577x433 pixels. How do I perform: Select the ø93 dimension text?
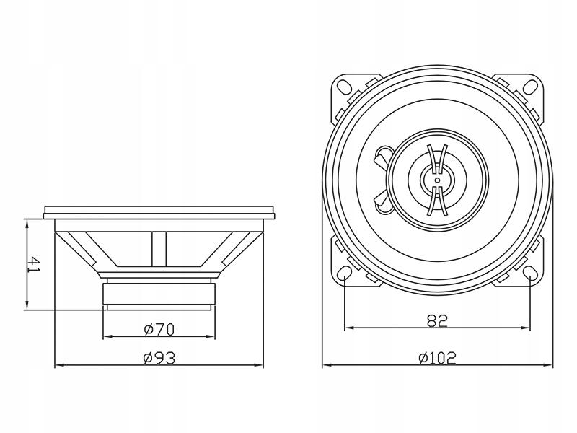pos(159,357)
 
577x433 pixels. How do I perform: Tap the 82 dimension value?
pos(438,321)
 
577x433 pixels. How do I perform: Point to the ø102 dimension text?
pos(438,357)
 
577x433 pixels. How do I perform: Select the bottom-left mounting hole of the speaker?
pos(345,275)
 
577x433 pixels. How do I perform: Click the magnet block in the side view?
pos(159,294)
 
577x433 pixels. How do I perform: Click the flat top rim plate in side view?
pos(159,211)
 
